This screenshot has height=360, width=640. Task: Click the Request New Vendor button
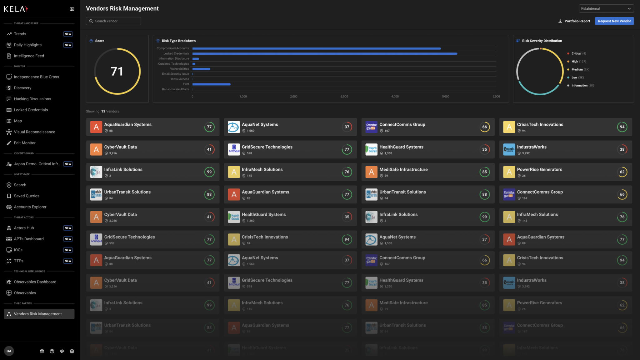click(614, 21)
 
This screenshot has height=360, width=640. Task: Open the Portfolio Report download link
click(574, 21)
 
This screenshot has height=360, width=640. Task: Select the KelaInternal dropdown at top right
click(606, 8)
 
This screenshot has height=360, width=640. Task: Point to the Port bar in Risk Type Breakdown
click(211, 84)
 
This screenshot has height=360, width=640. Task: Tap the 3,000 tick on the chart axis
click(344, 97)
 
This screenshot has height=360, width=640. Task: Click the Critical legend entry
click(576, 53)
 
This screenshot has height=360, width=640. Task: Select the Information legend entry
click(579, 86)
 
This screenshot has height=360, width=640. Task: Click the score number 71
click(117, 71)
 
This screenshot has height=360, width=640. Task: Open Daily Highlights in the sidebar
click(27, 45)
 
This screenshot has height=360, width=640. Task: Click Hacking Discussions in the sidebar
click(32, 99)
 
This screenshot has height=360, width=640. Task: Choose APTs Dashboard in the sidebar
click(29, 239)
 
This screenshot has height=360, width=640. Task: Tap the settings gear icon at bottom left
click(72, 351)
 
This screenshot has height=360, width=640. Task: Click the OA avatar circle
click(9, 351)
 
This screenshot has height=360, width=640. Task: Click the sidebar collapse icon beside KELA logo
click(72, 9)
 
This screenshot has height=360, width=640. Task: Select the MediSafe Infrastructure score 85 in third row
click(484, 172)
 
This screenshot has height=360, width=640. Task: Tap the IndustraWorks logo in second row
click(509, 149)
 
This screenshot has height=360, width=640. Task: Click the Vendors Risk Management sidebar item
click(38, 314)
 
